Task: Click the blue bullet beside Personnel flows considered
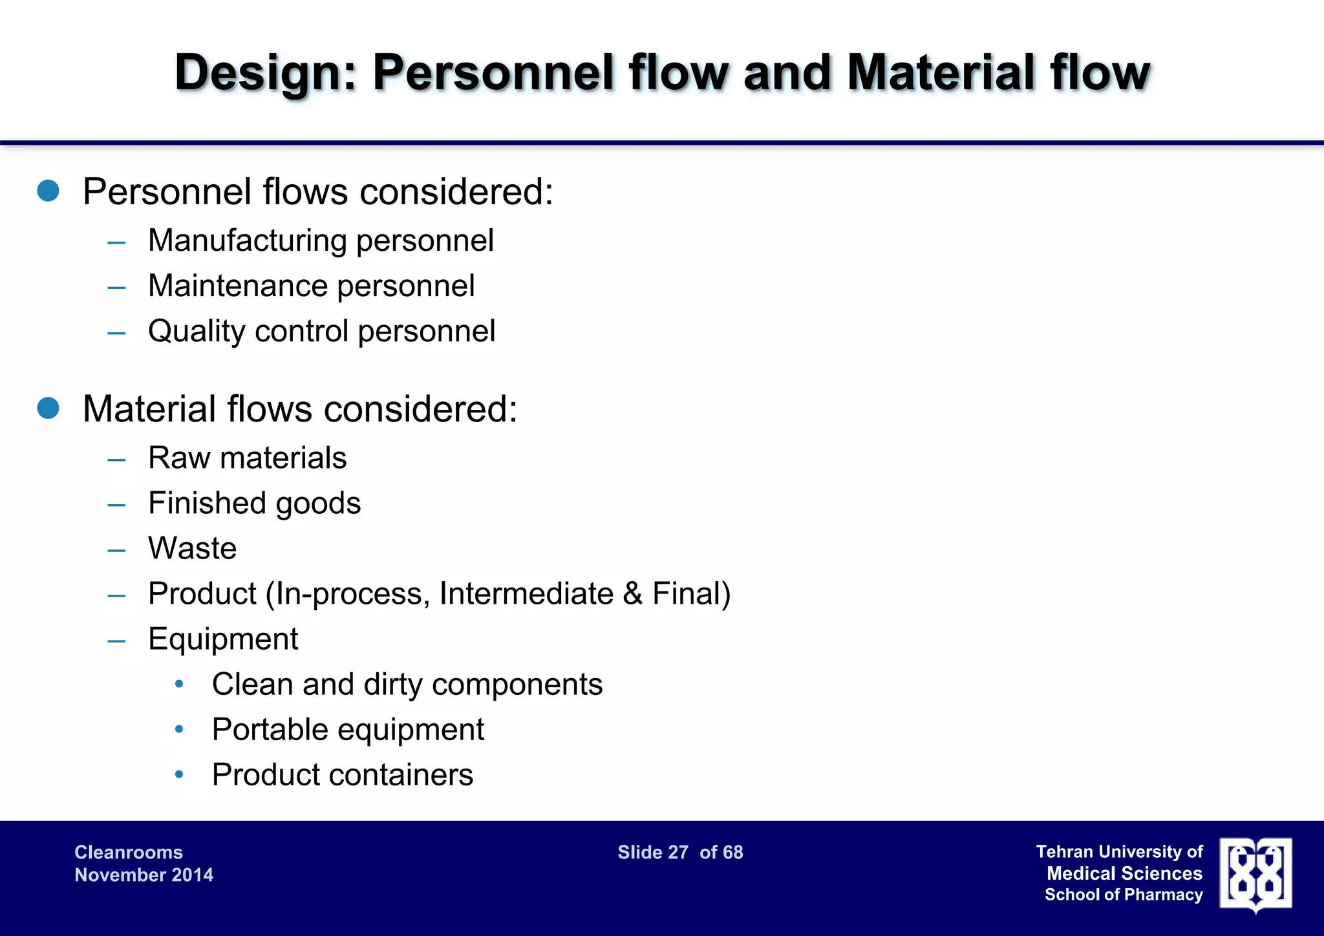click(48, 191)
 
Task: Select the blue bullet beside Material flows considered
click(48, 408)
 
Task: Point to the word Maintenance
click(239, 286)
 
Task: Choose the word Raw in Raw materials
click(178, 458)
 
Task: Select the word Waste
click(192, 548)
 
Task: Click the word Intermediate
click(526, 593)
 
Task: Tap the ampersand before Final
click(633, 593)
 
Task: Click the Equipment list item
click(223, 639)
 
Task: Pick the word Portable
click(270, 730)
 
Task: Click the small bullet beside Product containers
click(179, 774)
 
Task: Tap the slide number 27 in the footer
click(678, 853)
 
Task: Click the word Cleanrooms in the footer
click(129, 853)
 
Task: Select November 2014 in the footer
click(144, 875)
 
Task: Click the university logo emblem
click(1255, 874)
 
